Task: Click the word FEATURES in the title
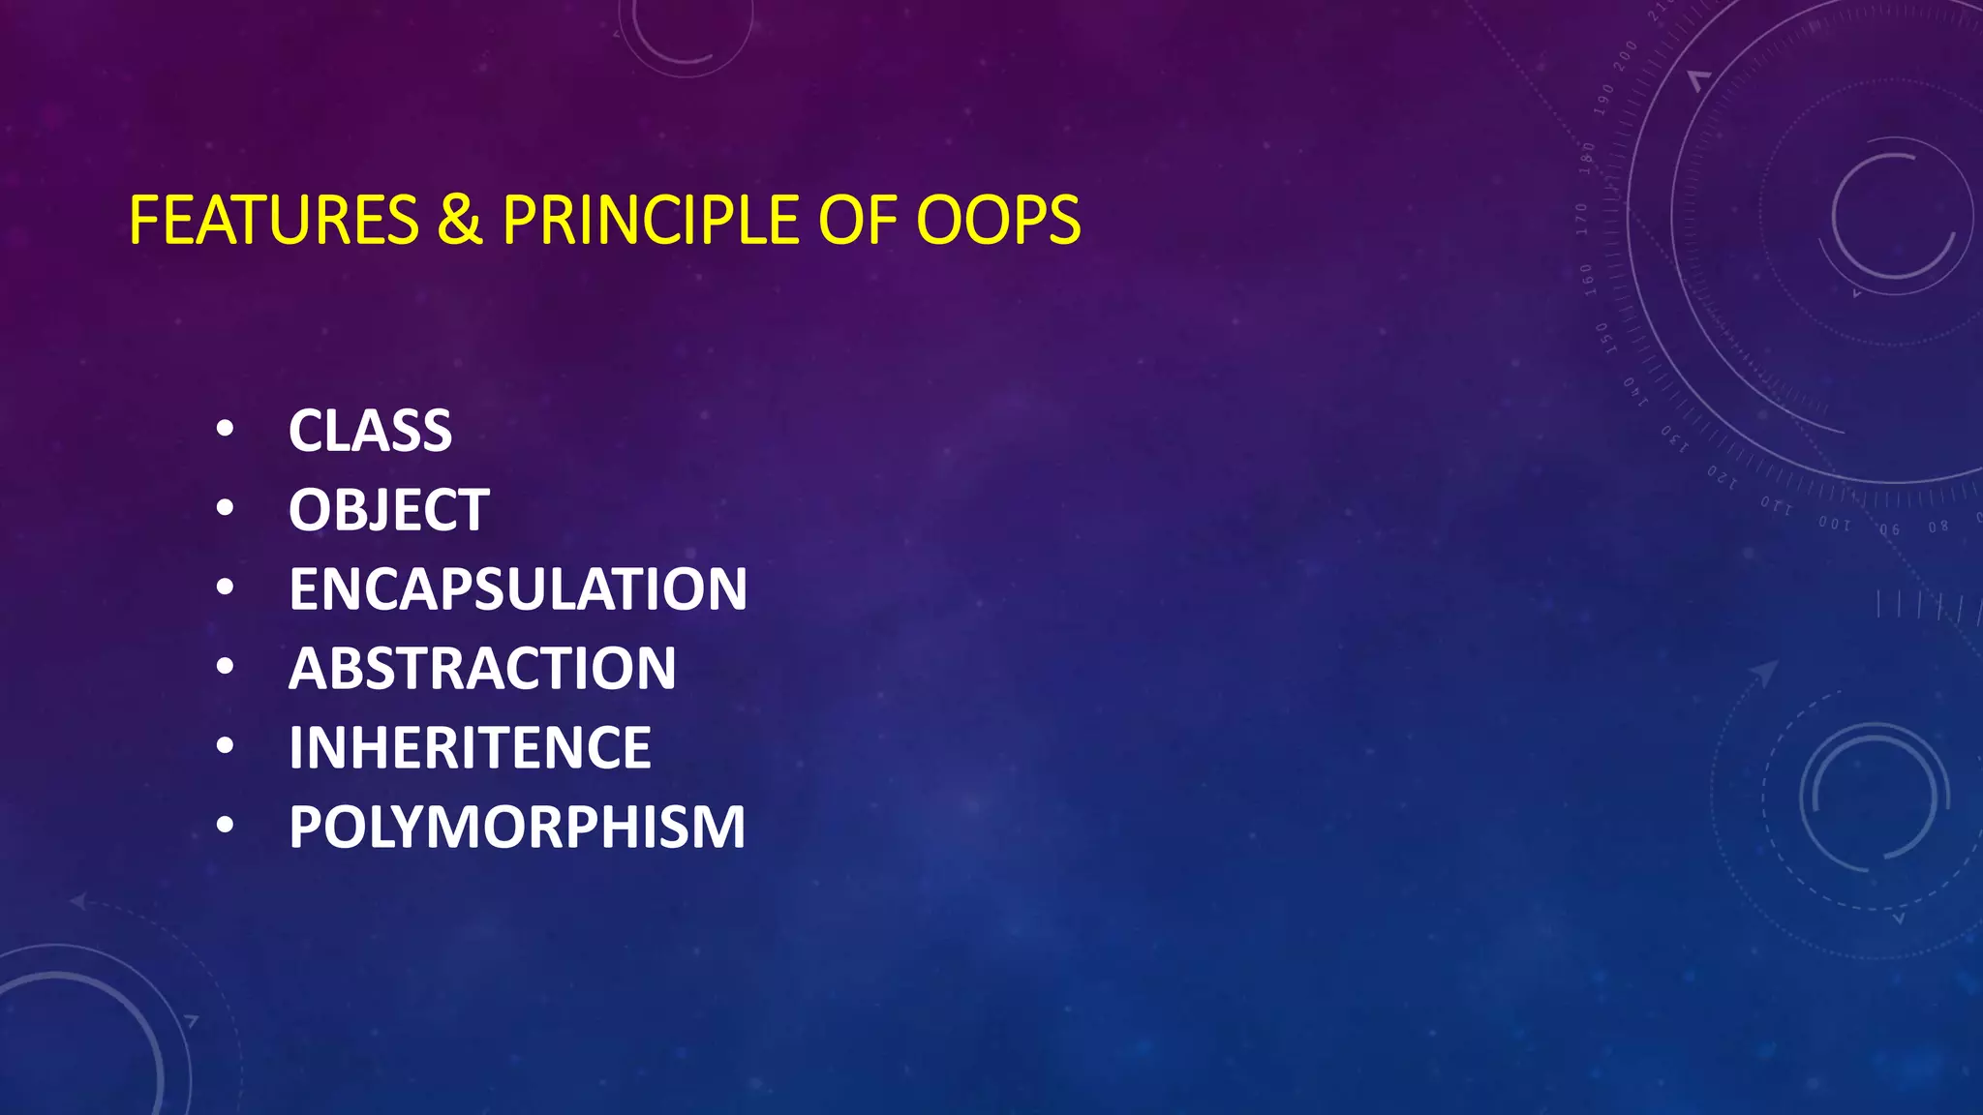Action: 273,221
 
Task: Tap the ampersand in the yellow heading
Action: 459,221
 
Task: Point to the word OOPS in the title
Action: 998,221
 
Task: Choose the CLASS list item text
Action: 370,431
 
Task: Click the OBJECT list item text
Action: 388,510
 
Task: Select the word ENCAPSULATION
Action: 518,589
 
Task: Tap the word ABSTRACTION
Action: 482,669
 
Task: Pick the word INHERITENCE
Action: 470,748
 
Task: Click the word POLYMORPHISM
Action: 517,828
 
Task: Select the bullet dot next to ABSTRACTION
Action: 225,667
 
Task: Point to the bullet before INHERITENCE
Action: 225,746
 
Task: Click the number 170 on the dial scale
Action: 1581,219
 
